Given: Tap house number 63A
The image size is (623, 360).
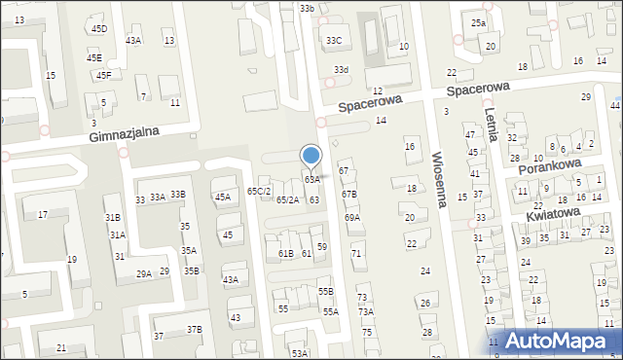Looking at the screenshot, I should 311,180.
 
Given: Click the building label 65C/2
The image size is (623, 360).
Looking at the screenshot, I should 258,191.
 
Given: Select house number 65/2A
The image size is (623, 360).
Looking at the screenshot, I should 287,199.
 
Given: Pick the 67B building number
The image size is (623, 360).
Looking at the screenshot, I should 348,195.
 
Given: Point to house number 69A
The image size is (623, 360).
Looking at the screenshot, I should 352,218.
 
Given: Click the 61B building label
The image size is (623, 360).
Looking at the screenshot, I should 285,254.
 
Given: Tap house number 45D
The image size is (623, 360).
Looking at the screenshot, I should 99,29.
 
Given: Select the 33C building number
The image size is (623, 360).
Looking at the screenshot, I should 334,41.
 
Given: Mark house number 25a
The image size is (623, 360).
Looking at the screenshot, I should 478,23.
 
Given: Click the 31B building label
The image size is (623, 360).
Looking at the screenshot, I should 113,218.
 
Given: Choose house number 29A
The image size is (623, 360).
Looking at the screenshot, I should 143,275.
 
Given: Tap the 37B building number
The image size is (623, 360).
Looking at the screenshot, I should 195,330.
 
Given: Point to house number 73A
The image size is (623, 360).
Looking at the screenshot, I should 365,312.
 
